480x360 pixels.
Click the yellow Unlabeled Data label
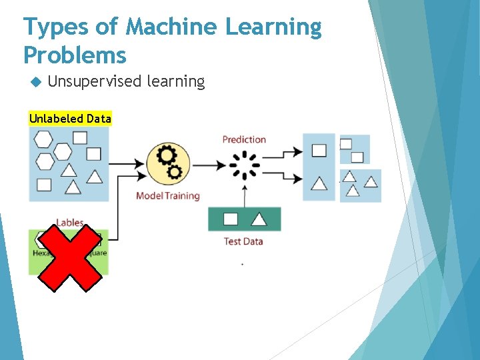coord(70,119)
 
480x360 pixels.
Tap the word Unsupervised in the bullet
coord(94,81)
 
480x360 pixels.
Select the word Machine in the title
coord(171,27)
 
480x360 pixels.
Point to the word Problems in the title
coord(75,55)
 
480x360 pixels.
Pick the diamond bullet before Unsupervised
coord(35,82)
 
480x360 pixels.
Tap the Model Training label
coord(167,196)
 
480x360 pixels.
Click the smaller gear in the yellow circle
coord(175,173)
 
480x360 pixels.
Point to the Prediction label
coord(244,139)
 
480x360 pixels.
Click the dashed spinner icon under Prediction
coord(245,165)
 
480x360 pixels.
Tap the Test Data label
coord(243,241)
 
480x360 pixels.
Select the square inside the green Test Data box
coord(230,219)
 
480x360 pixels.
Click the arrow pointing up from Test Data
coord(245,196)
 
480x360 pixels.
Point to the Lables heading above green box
coord(70,223)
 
